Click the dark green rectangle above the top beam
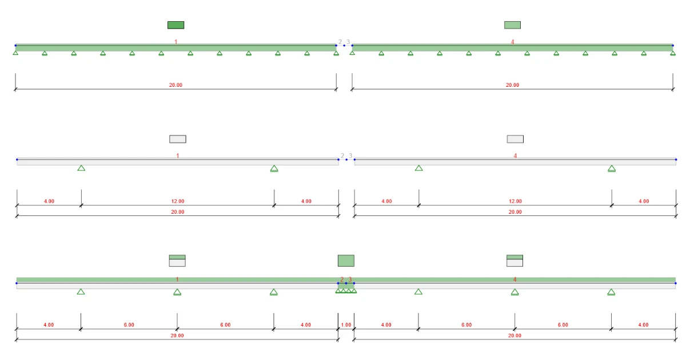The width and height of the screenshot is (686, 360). point(176,25)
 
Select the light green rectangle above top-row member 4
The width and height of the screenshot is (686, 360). point(512,25)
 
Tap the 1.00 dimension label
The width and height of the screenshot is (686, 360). point(346,325)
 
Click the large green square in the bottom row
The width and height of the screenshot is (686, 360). point(346,261)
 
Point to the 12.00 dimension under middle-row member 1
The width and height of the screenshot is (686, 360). point(178,201)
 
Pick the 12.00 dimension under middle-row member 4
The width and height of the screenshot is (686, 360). point(515,201)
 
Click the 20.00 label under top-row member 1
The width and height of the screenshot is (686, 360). point(176,85)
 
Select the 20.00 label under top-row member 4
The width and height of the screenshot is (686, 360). point(512,85)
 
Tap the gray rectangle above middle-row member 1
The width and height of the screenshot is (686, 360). point(178,139)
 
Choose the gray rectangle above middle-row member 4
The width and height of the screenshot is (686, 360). point(515,139)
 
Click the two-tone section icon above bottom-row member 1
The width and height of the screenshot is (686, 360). point(177,261)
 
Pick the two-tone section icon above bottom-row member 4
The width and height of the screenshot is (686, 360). point(515,261)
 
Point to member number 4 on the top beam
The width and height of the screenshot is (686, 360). point(512,42)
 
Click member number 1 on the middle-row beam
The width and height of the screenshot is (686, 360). point(178,156)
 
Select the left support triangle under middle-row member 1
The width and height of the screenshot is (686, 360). point(81,168)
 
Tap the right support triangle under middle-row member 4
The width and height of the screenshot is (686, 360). point(612,169)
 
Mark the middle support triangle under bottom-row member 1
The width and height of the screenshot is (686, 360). point(177,293)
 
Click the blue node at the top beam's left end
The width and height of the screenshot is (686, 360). point(15,46)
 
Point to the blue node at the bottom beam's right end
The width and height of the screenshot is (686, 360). point(676,283)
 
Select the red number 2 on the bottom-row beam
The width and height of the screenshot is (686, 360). point(342,279)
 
